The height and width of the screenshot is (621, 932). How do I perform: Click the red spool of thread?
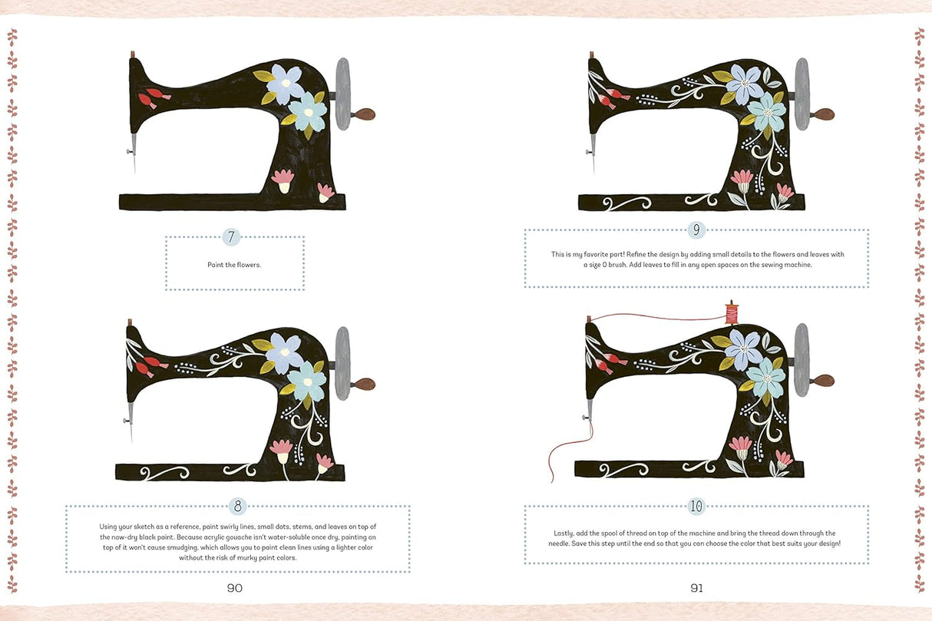point(732,312)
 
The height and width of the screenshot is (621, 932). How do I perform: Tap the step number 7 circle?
point(231,237)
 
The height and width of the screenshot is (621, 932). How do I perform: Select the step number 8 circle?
point(237,506)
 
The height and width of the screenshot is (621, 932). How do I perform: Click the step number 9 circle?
point(696,230)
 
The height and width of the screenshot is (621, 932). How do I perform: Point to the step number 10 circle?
point(696,506)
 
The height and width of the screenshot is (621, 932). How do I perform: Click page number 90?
point(235,588)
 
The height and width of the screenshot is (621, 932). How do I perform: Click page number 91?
point(696,588)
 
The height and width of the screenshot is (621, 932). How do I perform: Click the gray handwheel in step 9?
point(802,94)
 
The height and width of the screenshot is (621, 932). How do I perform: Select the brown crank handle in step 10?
point(822,380)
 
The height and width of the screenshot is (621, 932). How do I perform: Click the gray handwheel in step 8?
point(343,363)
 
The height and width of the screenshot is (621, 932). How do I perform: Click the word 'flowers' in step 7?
point(249,265)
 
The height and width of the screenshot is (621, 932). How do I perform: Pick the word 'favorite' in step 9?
point(597,254)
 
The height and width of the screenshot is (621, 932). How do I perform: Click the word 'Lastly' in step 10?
point(563,533)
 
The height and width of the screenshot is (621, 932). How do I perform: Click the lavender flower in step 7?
point(286,84)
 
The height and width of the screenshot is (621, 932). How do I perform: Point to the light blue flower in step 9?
point(766,112)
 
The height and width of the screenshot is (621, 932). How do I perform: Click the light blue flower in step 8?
point(307,382)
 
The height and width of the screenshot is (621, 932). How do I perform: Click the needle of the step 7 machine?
point(134,152)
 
